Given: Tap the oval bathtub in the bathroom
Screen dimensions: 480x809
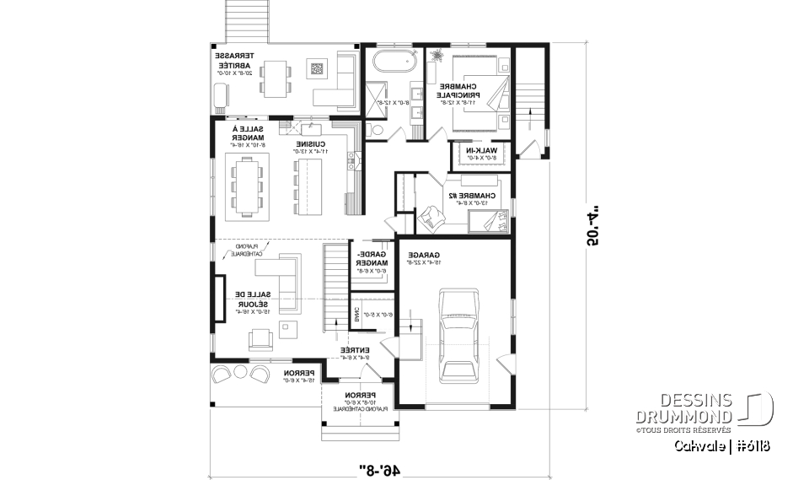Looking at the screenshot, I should [x=394, y=62].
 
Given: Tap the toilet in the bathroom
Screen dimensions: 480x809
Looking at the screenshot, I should [x=375, y=129].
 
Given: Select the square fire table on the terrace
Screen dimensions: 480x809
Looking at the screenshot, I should [x=317, y=69].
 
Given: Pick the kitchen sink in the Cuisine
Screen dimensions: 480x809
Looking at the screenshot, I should [x=311, y=129].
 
